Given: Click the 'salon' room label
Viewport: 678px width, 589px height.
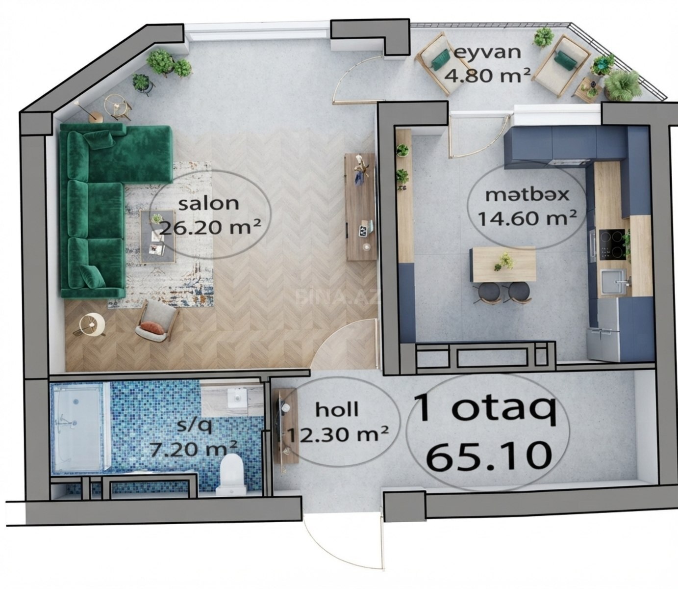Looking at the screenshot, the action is (x=209, y=204).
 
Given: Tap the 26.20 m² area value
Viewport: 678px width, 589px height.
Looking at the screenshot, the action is (x=210, y=228).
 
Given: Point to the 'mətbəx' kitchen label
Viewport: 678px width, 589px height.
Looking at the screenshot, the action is (x=527, y=195).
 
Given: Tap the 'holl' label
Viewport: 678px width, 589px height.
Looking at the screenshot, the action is (x=337, y=409).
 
